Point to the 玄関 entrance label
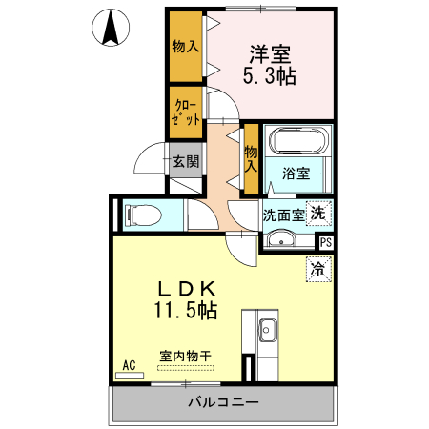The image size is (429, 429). tap(186, 161)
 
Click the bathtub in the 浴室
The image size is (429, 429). tap(297, 144)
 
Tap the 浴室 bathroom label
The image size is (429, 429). tap(296, 174)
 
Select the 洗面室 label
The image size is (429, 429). tap(284, 214)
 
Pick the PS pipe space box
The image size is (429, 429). tap(326, 242)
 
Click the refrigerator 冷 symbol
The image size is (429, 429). tap(317, 270)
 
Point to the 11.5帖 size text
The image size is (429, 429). tap(184, 312)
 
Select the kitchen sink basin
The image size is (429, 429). tap(267, 333)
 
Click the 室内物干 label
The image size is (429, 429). tap(184, 357)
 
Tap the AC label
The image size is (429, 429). tap(128, 364)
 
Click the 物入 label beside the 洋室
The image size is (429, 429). tap(186, 46)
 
